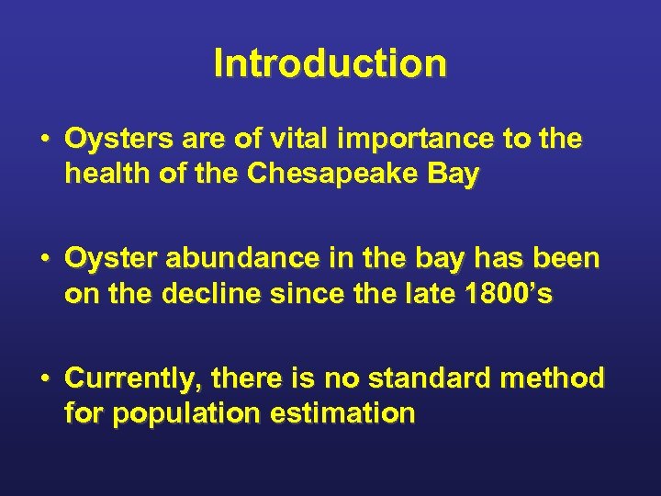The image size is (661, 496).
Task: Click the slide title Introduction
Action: pos(330,64)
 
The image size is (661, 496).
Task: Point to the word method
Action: pos(559,378)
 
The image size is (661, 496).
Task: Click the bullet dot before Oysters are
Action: pos(44,141)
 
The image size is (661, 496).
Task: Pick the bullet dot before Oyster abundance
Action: pos(44,260)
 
